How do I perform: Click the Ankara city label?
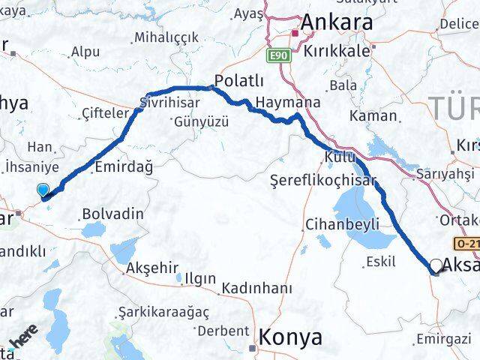(337, 23)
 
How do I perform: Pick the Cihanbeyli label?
(343, 223)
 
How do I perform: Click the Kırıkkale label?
(337, 52)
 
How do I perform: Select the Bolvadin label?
(113, 214)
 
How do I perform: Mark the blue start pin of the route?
(43, 192)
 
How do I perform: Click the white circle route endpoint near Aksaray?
(436, 265)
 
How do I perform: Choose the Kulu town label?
(336, 156)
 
